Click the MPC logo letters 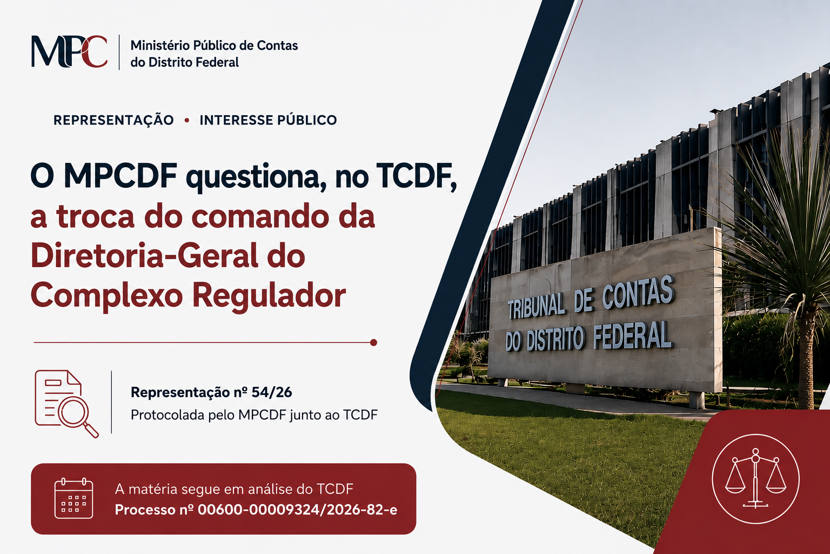tap(69, 51)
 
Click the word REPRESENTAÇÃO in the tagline tap(113, 120)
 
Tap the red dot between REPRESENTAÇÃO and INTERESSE tap(187, 120)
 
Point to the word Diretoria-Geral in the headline tap(144, 255)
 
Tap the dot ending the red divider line tap(373, 342)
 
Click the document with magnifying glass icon tap(66, 404)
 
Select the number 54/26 tap(272, 392)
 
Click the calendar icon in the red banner tap(73, 498)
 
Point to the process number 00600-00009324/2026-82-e tap(297, 510)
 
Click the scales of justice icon tap(755, 479)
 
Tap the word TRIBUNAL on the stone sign tap(537, 307)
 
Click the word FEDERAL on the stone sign tap(632, 336)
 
